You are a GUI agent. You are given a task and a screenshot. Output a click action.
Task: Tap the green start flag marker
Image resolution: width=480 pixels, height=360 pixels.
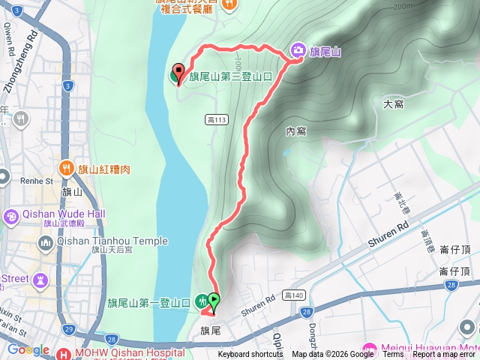coord(214,301)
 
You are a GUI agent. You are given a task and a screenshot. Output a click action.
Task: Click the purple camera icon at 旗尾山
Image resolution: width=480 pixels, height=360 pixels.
coord(298,51)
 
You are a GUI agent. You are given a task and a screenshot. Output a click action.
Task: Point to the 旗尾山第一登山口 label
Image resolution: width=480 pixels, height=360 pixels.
coord(148,303)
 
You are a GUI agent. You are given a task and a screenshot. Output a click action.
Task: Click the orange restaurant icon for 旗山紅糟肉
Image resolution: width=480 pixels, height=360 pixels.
coord(67,169)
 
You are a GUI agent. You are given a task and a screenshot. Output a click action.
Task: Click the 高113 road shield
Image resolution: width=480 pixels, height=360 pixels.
coord(215,119)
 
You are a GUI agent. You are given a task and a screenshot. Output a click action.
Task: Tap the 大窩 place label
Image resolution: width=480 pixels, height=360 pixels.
coord(393,103)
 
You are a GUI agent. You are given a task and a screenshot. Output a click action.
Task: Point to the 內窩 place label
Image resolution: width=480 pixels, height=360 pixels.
coord(296,131)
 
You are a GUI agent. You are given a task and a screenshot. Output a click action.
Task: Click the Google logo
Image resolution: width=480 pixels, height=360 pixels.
coord(28,350)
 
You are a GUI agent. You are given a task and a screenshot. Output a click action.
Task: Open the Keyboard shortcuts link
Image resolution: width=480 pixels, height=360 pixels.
coord(250,355)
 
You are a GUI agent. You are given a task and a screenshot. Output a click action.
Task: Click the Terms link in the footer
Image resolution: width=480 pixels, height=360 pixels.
coord(393,355)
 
